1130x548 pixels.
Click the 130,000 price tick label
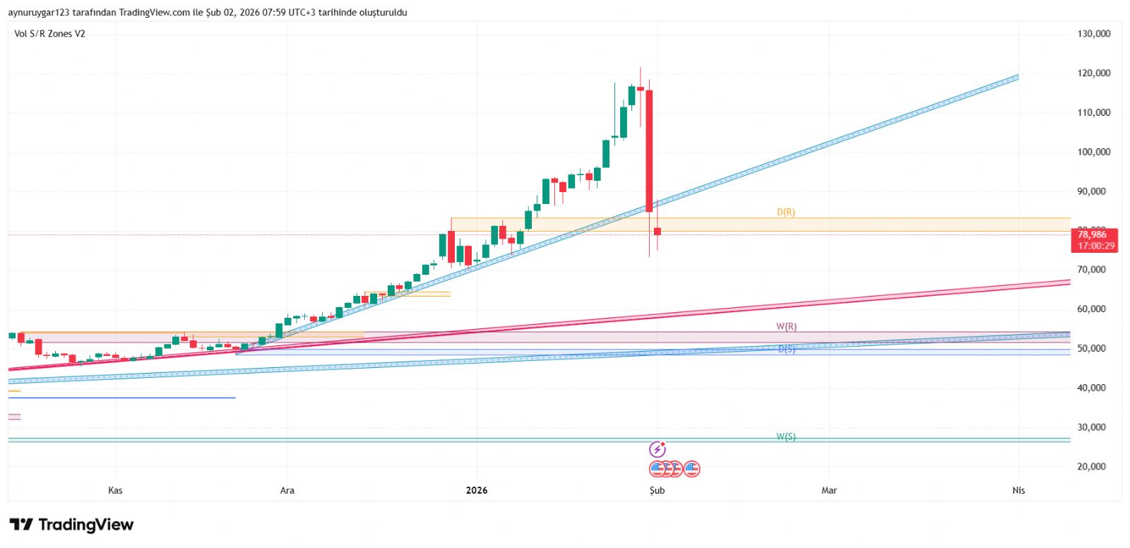(x=1093, y=34)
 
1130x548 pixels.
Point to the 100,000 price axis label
(x=1093, y=152)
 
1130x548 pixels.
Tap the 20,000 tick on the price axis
(x=1093, y=467)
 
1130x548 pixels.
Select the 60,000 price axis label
(x=1093, y=309)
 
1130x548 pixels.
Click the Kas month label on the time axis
(x=115, y=491)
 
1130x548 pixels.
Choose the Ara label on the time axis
(x=287, y=491)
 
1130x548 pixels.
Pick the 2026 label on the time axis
(x=477, y=491)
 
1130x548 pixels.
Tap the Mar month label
(x=829, y=491)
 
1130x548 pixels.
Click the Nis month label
(x=1018, y=491)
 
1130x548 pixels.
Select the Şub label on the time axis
(x=657, y=491)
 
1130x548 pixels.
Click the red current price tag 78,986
(x=1093, y=235)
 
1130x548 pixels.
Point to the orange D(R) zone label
(x=785, y=212)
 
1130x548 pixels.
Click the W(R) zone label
(x=786, y=326)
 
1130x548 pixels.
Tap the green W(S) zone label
(x=786, y=436)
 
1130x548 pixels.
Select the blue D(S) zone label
(x=786, y=349)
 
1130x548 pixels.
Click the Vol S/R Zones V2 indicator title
(x=49, y=34)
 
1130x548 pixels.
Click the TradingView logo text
(x=85, y=525)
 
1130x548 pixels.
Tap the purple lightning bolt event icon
(x=657, y=449)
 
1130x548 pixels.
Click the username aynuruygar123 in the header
(x=38, y=13)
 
